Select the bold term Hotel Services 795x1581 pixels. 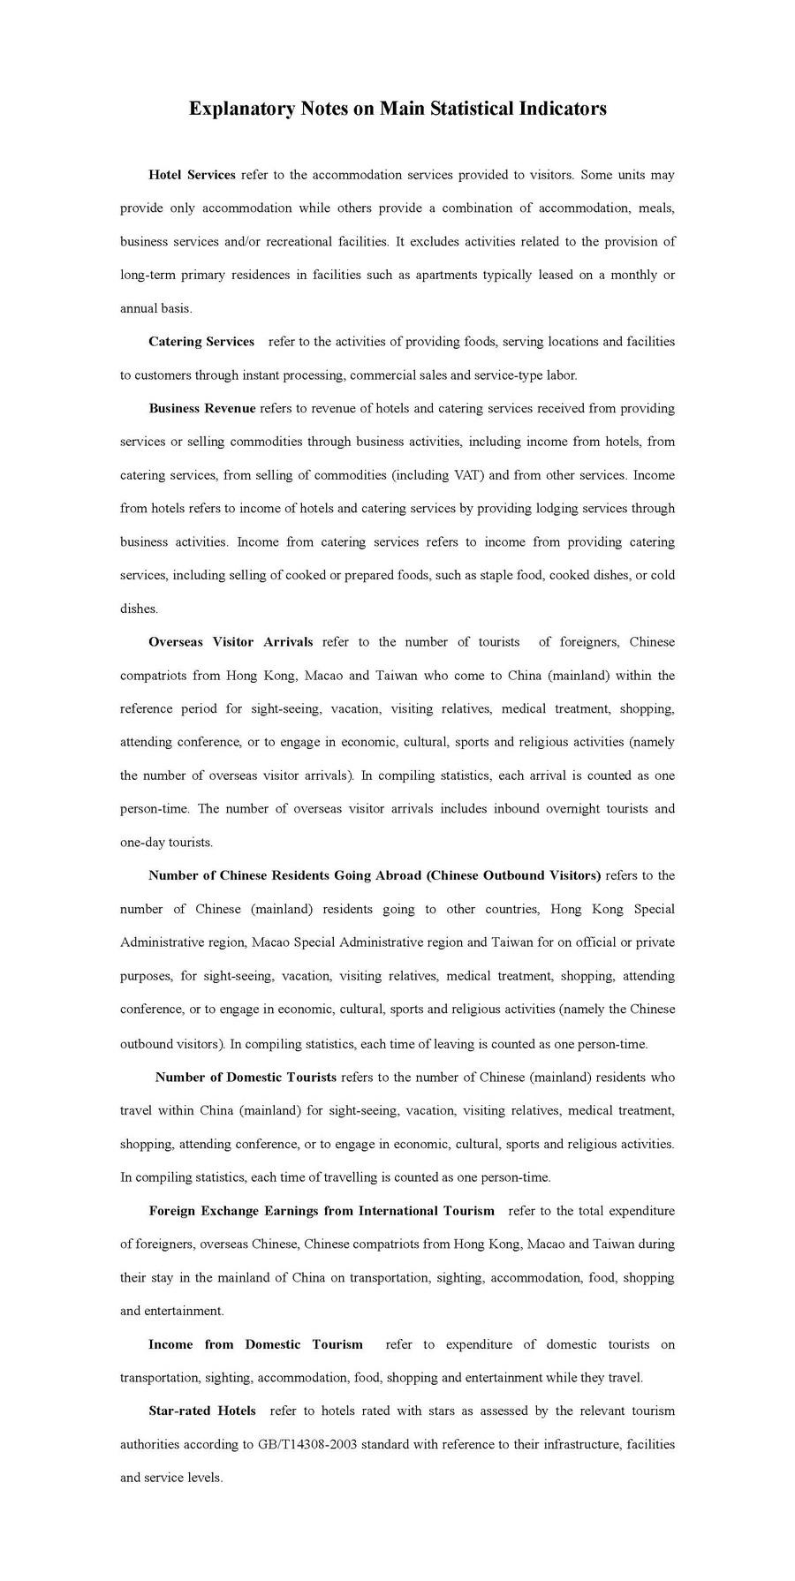coord(192,175)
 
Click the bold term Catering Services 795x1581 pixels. coord(201,342)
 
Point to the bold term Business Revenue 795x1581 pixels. coord(201,408)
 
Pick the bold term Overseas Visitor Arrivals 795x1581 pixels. coord(231,642)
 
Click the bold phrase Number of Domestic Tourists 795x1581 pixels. coord(246,1078)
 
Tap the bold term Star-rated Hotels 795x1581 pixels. coord(202,1411)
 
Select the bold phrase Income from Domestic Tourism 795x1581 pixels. coord(255,1344)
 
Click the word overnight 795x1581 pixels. coord(567,808)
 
